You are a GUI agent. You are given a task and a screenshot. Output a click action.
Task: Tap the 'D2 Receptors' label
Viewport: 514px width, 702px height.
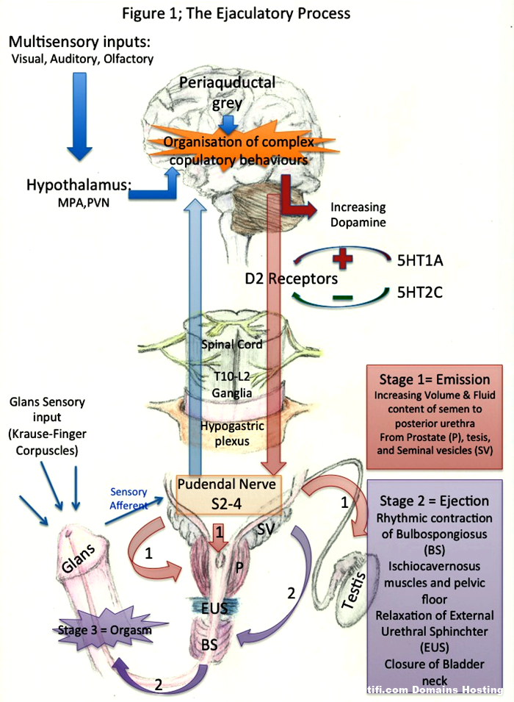292,279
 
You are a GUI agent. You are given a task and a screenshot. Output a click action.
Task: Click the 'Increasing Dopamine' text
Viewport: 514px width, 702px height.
358,215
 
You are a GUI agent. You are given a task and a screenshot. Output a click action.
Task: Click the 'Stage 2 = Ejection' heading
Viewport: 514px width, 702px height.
435,501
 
